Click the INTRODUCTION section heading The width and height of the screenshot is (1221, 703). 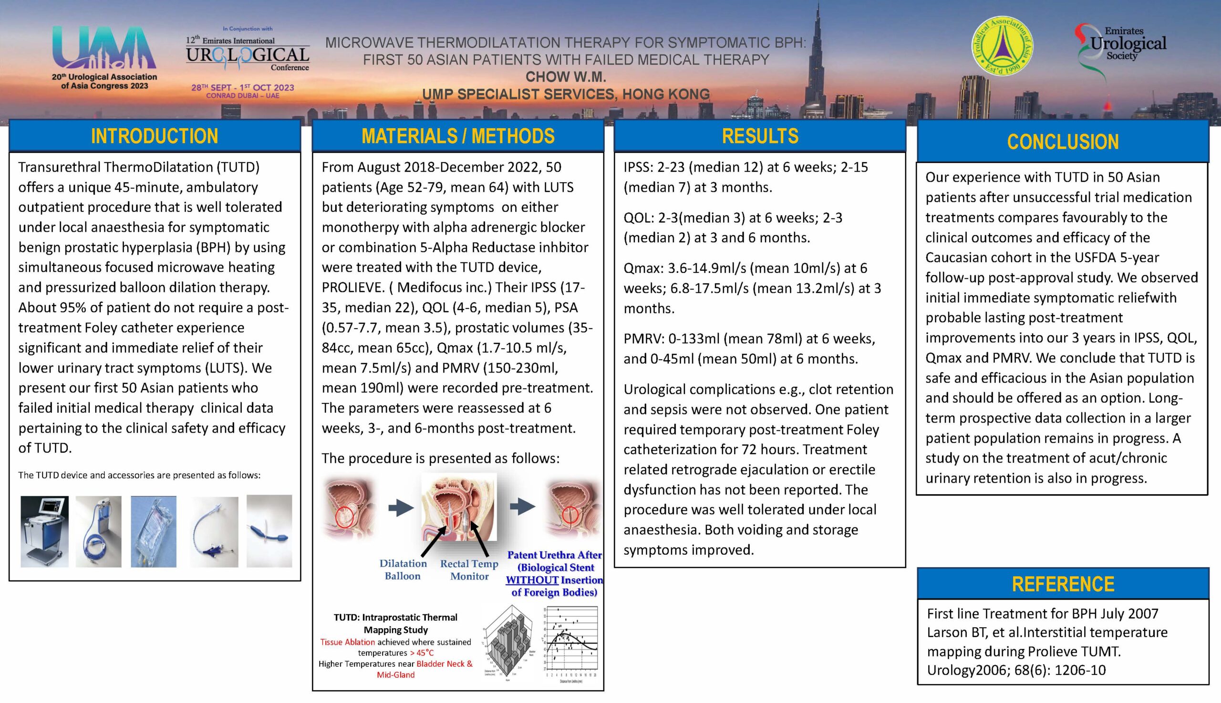point(155,136)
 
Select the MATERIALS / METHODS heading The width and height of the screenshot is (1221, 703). point(458,136)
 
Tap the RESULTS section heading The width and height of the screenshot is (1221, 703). point(760,136)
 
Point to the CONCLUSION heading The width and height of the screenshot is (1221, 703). point(1063,142)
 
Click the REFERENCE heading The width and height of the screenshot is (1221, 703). point(1063,584)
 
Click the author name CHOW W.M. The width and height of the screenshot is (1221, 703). point(565,77)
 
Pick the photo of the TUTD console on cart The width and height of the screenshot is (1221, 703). point(44,531)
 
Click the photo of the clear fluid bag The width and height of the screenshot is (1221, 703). point(154,531)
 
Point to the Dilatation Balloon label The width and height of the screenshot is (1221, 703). point(403,570)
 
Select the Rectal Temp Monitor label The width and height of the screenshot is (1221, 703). point(469,570)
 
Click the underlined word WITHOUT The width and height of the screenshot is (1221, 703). point(531,580)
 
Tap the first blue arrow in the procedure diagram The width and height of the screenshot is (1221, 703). point(401,507)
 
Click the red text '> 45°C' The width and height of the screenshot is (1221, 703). point(422,653)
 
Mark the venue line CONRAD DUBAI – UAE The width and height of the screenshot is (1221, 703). point(242,95)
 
